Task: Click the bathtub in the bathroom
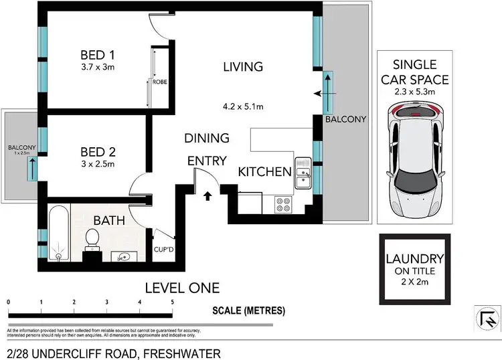pyautogui.click(x=58, y=234)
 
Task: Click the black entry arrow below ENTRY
pyautogui.click(x=207, y=196)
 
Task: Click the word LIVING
pyautogui.click(x=243, y=67)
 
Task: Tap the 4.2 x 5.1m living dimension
pyautogui.click(x=243, y=105)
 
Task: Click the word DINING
pyautogui.click(x=207, y=138)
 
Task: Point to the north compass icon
pyautogui.click(x=487, y=317)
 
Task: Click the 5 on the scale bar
pyautogui.click(x=173, y=302)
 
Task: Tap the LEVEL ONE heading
pyautogui.click(x=182, y=288)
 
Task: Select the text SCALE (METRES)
pyautogui.click(x=248, y=310)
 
